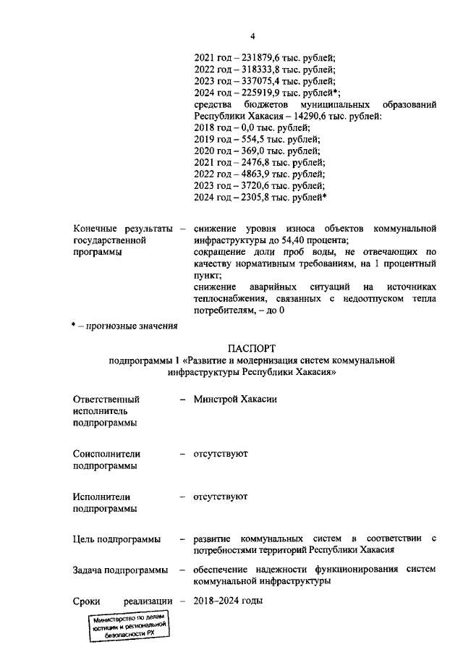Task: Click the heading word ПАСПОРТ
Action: pos(252,349)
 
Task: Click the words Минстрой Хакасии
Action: pos(235,400)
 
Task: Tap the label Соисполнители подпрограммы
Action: pos(106,460)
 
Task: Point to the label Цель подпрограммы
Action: pos(117,540)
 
